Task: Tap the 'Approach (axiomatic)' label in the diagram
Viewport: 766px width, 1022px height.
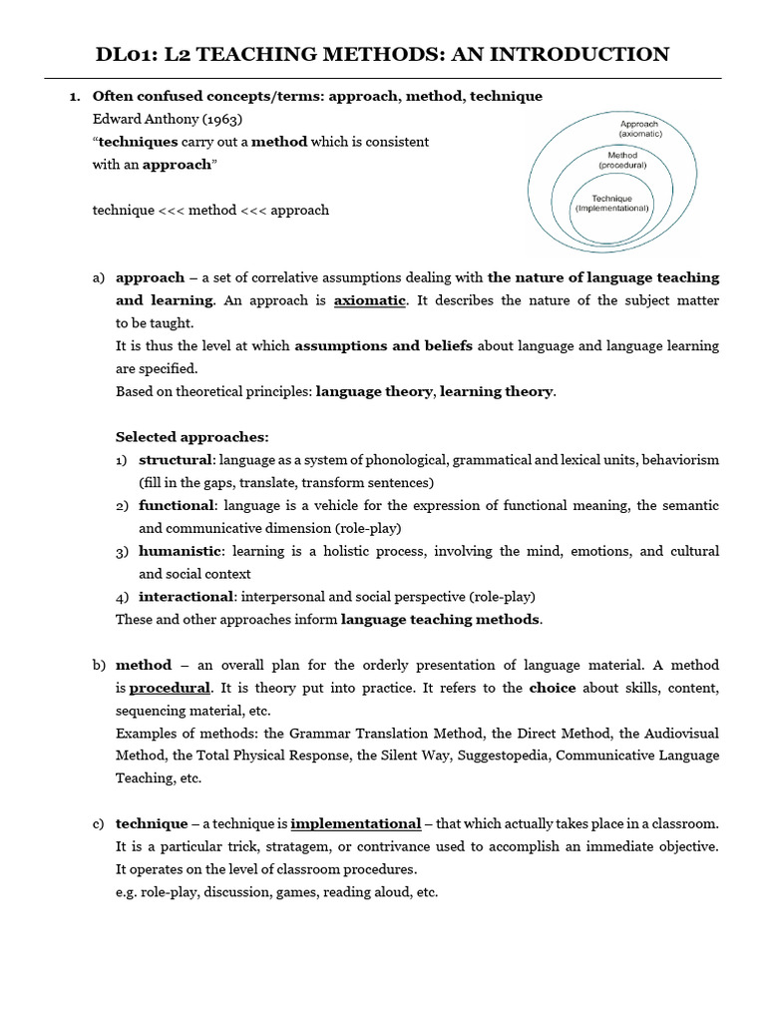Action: [637, 127]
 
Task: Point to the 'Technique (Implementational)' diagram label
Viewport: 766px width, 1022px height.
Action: [611, 203]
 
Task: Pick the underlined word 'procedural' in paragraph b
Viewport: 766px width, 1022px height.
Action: [170, 688]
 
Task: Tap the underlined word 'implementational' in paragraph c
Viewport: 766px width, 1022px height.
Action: [355, 823]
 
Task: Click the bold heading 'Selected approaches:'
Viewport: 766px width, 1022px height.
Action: [192, 437]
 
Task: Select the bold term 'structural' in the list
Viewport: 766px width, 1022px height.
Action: [176, 460]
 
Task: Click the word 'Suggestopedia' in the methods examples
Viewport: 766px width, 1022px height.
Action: [504, 756]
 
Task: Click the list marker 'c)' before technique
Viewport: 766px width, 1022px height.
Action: [98, 823]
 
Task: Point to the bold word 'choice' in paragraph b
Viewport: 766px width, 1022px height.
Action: [553, 688]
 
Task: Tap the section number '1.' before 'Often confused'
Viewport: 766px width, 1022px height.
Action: [73, 96]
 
